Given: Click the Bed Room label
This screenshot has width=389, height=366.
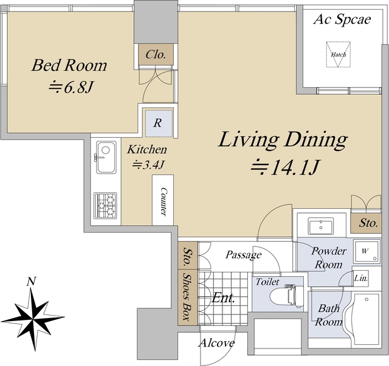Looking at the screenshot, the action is [x=69, y=65].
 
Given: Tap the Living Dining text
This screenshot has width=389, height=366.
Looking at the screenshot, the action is [x=283, y=140].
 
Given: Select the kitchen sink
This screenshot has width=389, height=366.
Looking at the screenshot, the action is [x=106, y=157].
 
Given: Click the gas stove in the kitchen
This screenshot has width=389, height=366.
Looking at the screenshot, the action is [x=105, y=206].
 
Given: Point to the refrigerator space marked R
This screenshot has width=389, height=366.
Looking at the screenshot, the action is [x=159, y=123].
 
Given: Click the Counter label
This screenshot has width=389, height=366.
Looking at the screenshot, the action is [x=163, y=202].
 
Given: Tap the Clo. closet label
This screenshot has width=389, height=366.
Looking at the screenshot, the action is [x=156, y=54].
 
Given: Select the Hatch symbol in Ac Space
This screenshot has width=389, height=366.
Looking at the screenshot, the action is [x=339, y=55].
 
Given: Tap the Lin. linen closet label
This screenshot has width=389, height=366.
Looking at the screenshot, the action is [x=361, y=278].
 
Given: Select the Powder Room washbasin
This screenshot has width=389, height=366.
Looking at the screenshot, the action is [x=321, y=226].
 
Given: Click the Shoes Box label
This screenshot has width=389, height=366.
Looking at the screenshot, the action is [x=187, y=296].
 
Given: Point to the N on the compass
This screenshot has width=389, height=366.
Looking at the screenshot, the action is [x=31, y=282].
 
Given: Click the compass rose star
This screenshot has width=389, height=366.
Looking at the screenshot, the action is [x=33, y=320].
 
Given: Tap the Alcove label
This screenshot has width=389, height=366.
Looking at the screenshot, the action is [x=217, y=343].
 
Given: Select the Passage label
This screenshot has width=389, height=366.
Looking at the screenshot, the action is [x=243, y=255].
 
